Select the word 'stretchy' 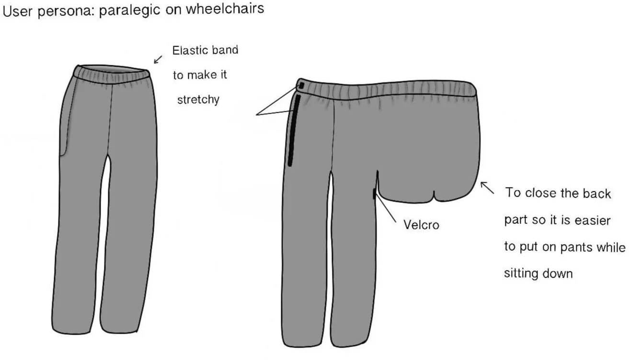coord(198,100)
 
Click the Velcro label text coord(421,225)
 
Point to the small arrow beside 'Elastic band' coord(158,59)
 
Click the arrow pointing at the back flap coord(487,187)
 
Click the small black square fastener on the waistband coord(301,86)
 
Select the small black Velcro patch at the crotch coord(374,194)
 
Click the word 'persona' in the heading coord(69,11)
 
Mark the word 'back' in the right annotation coord(596,193)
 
